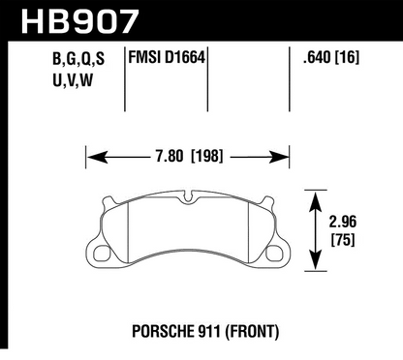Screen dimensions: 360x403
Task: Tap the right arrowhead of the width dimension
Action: click(x=287, y=153)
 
